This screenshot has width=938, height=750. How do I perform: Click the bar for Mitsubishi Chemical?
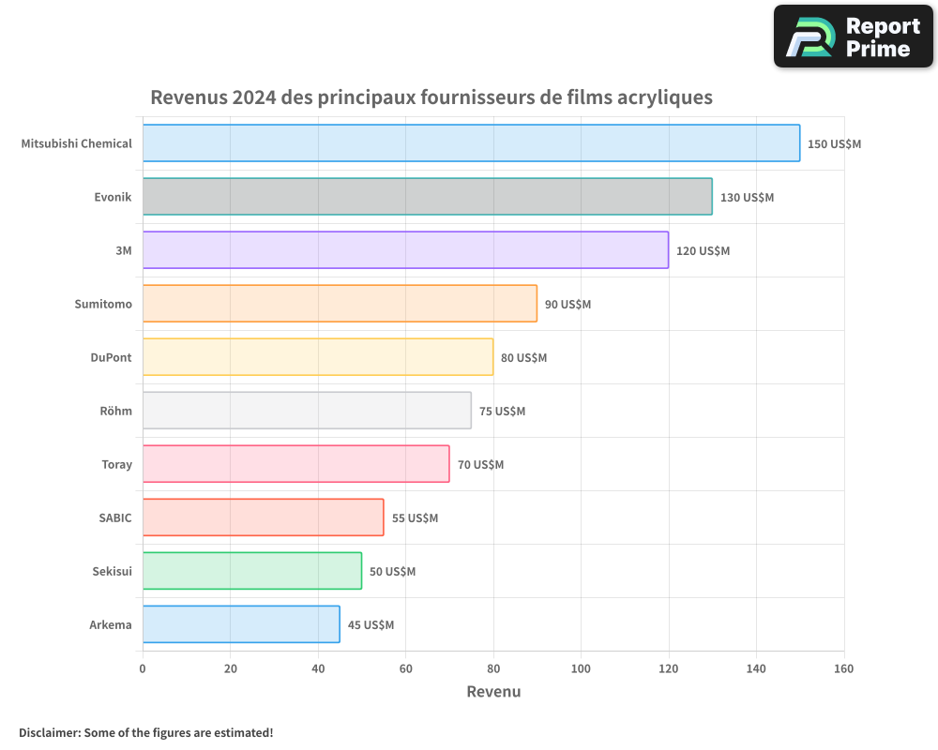[x=471, y=143]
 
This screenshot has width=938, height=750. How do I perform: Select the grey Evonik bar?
[x=427, y=197]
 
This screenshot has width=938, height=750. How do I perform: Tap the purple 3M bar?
[x=405, y=250]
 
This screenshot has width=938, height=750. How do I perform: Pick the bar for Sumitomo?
[x=340, y=304]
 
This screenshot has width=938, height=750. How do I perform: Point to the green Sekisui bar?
[x=251, y=571]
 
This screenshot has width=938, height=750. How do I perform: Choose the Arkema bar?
[x=241, y=624]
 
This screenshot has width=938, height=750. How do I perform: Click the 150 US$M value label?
[x=834, y=144]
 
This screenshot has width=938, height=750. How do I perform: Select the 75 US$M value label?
[x=502, y=412]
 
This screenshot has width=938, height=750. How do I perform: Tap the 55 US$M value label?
[x=415, y=518]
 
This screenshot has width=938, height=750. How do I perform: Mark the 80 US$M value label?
[x=523, y=358]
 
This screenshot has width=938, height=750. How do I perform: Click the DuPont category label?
[x=111, y=358]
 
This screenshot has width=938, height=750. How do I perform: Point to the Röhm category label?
[x=115, y=412]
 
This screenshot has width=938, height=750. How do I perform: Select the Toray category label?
[x=116, y=465]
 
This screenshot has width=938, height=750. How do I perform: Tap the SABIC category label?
[x=115, y=518]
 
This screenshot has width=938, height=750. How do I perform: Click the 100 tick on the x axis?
[x=581, y=668]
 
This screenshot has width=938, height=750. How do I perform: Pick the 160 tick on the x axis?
[x=843, y=668]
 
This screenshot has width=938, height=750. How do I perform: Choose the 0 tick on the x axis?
[x=143, y=668]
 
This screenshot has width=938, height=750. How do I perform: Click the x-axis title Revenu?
[x=493, y=692]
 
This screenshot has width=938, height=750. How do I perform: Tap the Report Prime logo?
[x=853, y=37]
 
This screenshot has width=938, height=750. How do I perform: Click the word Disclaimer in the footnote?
[x=49, y=733]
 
